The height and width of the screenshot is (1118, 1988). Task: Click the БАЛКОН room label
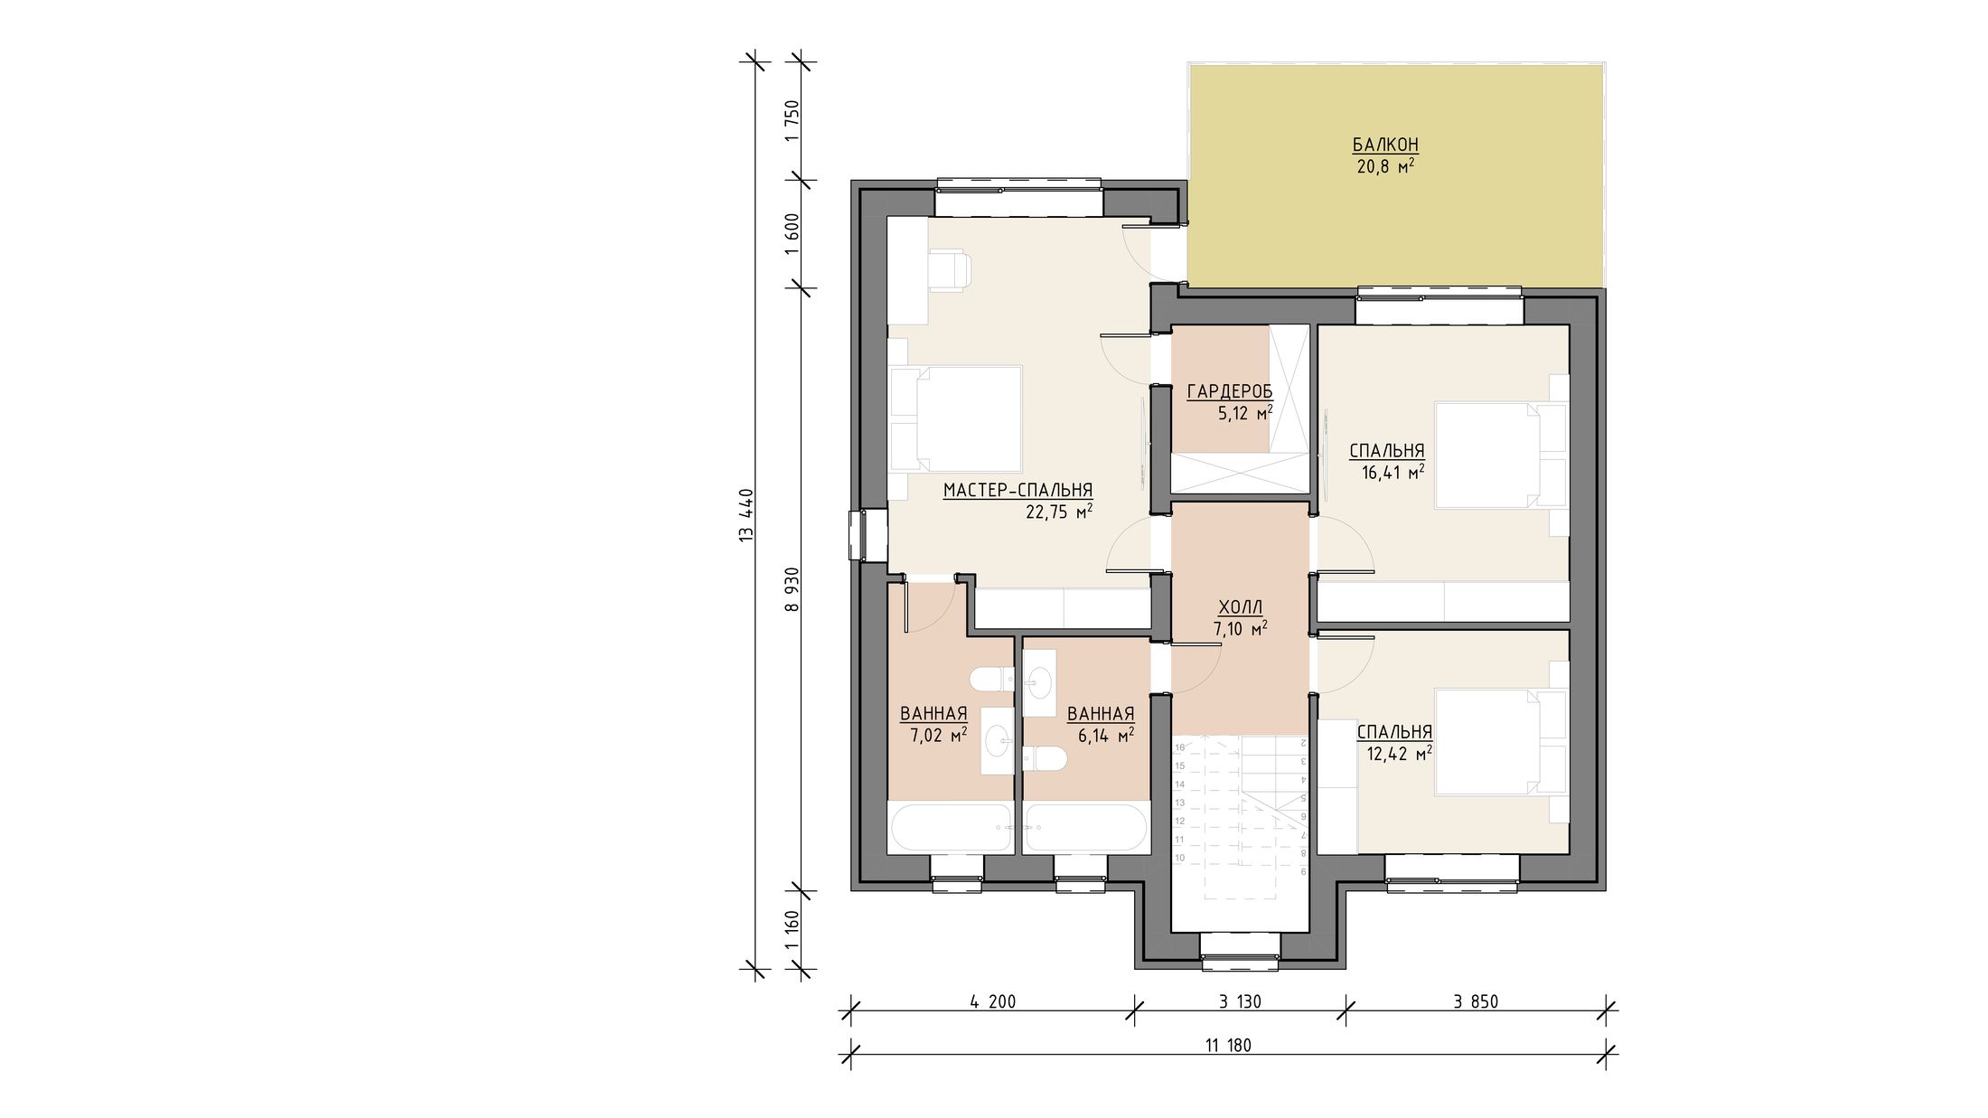[1385, 145]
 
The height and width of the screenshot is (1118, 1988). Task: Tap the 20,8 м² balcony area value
[1385, 166]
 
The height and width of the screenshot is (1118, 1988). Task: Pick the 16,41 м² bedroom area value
[1393, 471]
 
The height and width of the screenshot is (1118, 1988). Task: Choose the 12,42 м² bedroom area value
[1400, 753]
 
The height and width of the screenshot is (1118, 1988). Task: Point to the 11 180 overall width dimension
[1228, 1046]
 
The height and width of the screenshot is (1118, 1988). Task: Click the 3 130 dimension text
[1240, 1001]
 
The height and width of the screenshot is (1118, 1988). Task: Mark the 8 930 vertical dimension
[792, 590]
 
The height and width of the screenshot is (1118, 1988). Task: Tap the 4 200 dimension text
[992, 1001]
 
